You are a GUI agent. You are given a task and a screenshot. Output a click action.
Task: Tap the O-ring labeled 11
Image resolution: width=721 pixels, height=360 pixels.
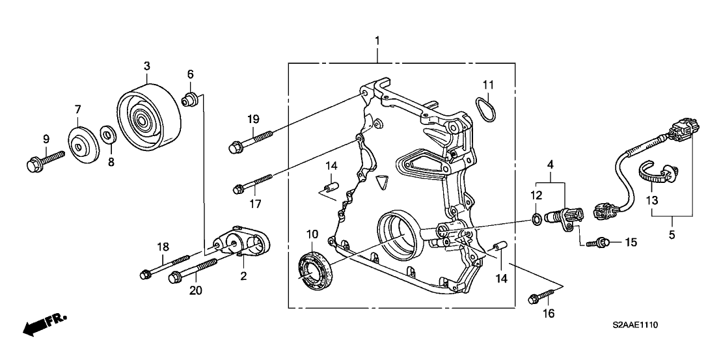485,108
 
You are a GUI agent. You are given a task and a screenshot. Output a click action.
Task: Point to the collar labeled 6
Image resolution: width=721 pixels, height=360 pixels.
189,100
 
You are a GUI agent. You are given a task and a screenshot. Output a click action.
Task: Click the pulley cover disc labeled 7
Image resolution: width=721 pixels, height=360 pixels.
82,145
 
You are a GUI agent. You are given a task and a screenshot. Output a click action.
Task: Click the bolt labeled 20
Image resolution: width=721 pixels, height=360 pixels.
191,270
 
